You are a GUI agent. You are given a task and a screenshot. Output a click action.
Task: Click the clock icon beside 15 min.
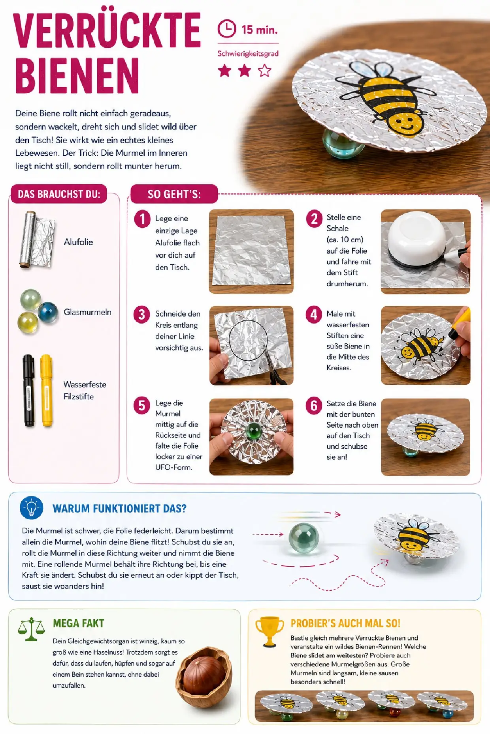tap(227, 29)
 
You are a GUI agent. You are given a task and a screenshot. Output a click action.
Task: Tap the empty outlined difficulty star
tap(265, 71)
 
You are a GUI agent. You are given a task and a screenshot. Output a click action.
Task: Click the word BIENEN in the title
tap(77, 75)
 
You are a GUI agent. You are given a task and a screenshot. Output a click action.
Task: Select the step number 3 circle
tap(142, 315)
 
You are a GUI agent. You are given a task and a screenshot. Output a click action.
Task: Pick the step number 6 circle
tap(314, 405)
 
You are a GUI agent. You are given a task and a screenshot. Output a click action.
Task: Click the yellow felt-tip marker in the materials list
tap(47, 390)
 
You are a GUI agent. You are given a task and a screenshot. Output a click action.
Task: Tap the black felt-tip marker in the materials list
tap(28, 391)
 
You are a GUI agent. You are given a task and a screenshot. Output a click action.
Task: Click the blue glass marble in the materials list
tap(48, 313)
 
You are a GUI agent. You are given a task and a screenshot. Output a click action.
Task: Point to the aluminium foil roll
tap(36, 240)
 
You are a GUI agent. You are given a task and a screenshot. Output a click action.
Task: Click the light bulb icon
tap(32, 508)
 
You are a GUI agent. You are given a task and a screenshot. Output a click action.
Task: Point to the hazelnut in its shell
tap(204, 677)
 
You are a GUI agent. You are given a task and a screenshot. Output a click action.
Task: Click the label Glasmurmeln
tap(87, 312)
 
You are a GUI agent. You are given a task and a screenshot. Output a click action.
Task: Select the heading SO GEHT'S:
tap(174, 194)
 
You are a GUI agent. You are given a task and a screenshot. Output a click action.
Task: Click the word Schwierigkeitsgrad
tap(248, 54)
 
